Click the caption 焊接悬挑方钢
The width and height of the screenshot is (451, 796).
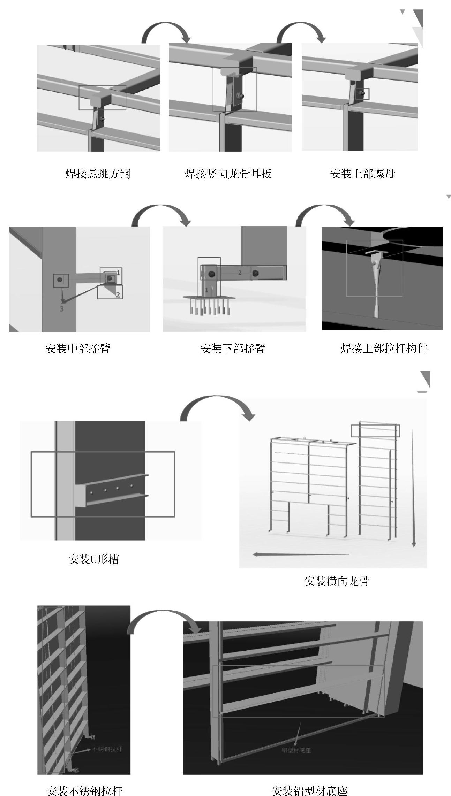(98, 174)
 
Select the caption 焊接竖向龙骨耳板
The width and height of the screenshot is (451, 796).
(228, 174)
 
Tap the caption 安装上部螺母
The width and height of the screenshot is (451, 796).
(362, 174)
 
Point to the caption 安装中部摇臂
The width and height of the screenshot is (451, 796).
(77, 348)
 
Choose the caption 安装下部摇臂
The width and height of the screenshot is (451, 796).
(233, 348)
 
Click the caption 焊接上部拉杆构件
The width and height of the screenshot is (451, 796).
(384, 348)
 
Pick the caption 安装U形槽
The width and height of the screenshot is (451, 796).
(93, 559)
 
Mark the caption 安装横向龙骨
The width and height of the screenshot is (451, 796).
(337, 581)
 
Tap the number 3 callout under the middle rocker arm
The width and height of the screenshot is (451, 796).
(62, 309)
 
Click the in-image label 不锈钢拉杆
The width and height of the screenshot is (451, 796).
(107, 749)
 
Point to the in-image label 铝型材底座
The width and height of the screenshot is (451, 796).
(296, 750)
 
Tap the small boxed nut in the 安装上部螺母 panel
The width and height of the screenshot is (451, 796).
(363, 93)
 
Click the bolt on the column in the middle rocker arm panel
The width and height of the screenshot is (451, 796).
(60, 280)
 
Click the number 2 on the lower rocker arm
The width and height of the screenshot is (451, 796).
(240, 273)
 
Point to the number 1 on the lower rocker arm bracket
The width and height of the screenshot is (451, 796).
(206, 289)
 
